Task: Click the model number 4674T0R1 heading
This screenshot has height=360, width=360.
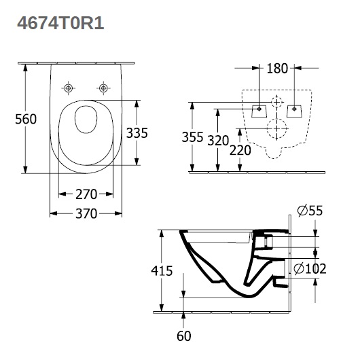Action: pos(60,23)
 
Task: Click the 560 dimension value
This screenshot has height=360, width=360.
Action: pos(26,119)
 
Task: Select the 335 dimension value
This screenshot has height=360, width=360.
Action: pos(137,133)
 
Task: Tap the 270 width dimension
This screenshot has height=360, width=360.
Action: pos(86,194)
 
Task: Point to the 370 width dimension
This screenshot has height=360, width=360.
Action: pos(86,213)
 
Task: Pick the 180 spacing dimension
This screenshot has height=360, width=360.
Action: pos(277,68)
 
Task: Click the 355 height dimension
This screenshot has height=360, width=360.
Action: pos(192,137)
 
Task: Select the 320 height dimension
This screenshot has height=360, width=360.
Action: pos(218,141)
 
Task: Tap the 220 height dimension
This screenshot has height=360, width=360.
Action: pos(240,150)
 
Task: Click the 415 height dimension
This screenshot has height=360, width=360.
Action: pos(162,271)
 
